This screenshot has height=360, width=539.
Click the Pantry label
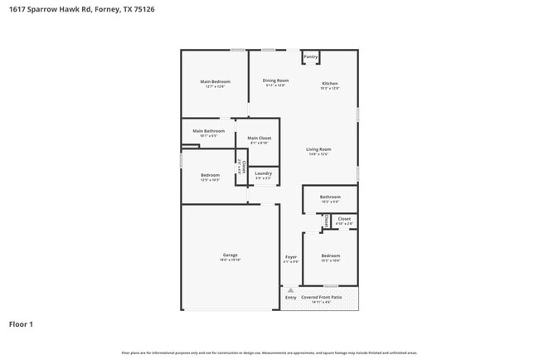(x=311, y=57)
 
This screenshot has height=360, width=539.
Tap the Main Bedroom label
(x=215, y=81)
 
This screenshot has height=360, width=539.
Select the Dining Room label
(x=275, y=80)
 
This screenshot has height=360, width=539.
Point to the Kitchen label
(x=330, y=83)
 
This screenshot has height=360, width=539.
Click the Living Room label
(x=318, y=148)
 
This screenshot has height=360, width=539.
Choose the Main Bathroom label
(x=209, y=131)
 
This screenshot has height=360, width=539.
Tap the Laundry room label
(x=263, y=173)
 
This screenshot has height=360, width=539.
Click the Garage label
(x=230, y=255)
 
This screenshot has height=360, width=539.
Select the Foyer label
(x=291, y=256)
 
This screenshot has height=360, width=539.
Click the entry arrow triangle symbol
(x=290, y=290)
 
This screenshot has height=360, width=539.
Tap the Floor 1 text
(x=22, y=324)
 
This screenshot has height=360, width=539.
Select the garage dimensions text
(x=230, y=260)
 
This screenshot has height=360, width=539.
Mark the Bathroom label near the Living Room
(x=330, y=197)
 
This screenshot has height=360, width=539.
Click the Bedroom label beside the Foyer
(x=330, y=255)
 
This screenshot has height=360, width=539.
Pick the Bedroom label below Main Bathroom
(x=210, y=175)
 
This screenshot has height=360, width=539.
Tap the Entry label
(x=290, y=297)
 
